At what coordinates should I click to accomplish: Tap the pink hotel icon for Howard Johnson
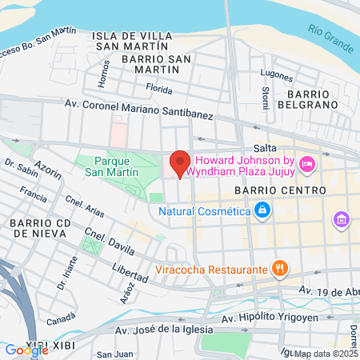click(x=306, y=165)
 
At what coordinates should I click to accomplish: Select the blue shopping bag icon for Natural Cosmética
click(x=262, y=211)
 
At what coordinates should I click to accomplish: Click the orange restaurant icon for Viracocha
click(x=278, y=270)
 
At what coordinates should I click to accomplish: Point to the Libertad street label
click(x=131, y=272)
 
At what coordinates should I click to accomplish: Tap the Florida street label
click(x=159, y=89)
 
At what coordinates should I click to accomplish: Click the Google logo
click(x=26, y=350)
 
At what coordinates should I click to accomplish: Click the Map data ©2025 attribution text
click(x=326, y=354)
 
